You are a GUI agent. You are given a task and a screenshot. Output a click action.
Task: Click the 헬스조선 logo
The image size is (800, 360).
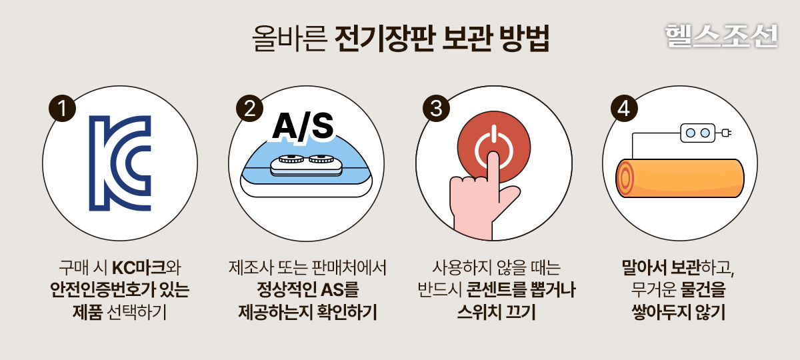point(721,36)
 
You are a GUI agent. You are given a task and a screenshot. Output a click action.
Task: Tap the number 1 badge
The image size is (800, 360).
point(63,108)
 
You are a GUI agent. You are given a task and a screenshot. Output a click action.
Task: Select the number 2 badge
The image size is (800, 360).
point(249,108)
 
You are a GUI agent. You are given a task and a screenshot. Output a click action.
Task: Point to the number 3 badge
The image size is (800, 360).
point(436,108)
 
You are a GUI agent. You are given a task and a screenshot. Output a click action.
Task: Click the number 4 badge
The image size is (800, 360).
point(624,108)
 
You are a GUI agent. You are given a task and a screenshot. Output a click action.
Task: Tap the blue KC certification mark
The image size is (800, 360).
point(120,163)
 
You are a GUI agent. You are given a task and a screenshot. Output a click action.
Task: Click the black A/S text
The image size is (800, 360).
point(303,126)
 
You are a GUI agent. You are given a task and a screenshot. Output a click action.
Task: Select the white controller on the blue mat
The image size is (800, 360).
point(306,165)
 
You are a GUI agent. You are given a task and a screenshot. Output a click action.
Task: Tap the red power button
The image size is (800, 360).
point(494,147)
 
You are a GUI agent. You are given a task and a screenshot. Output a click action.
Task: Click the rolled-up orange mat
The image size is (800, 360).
point(679,178)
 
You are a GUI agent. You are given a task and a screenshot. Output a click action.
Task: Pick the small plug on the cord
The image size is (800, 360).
point(727,133)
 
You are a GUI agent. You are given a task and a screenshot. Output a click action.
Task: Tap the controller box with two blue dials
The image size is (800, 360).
point(698,133)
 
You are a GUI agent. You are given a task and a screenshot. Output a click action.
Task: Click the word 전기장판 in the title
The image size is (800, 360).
point(385,38)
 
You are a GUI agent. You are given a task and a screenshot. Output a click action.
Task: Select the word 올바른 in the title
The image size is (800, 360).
point(289,38)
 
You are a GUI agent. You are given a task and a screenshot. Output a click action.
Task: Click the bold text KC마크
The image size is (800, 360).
point(139,268)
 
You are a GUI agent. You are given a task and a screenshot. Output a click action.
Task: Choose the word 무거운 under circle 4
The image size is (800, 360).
point(653,289)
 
